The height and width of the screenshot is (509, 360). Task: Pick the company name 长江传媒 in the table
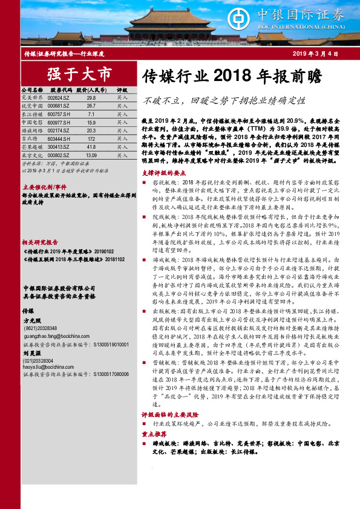tap(31, 114)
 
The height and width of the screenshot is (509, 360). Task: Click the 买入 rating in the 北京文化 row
tap(122, 155)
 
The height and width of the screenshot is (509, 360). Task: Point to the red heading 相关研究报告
tap(37, 224)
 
